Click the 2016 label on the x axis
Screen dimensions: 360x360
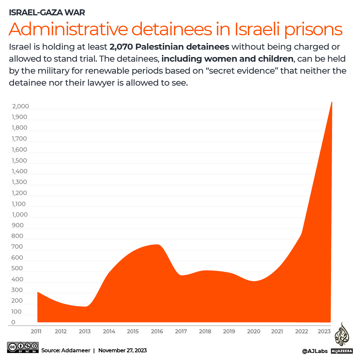pyautogui.click(x=157, y=331)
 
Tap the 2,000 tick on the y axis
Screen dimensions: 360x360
pyautogui.click(x=21, y=106)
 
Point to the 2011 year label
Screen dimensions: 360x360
pyautogui.click(x=36, y=331)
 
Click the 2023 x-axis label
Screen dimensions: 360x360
pyautogui.click(x=324, y=331)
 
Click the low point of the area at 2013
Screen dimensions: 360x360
pyautogui.click(x=86, y=306)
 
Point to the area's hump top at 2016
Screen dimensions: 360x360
pyautogui.click(x=157, y=245)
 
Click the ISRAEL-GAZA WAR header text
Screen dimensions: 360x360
pyautogui.click(x=47, y=13)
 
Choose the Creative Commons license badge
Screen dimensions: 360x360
pyautogui.click(x=23, y=347)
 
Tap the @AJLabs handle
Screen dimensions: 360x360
pyautogui.click(x=315, y=351)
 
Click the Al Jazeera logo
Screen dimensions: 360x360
pyautogui.click(x=342, y=339)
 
